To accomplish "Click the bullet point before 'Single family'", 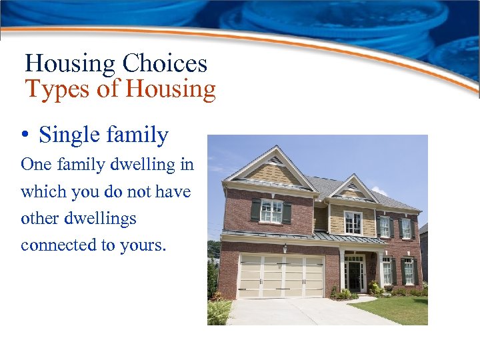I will [25, 136].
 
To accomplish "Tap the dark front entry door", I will [354, 275].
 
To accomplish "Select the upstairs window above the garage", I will [271, 211].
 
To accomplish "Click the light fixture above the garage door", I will [285, 249].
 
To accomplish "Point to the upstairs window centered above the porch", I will [353, 222].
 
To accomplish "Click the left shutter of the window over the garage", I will [255, 211].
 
